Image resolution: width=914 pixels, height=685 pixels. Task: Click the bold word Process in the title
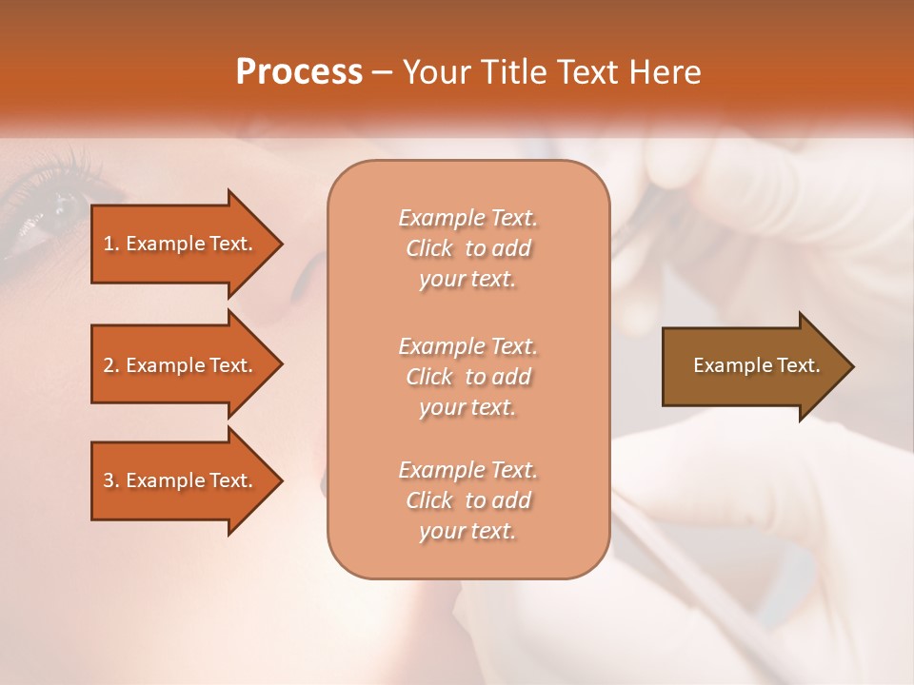(x=299, y=72)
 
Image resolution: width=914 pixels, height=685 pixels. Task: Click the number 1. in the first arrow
(x=111, y=244)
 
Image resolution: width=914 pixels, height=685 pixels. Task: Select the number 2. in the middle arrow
(x=111, y=365)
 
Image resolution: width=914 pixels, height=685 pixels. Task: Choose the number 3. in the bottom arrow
(x=111, y=480)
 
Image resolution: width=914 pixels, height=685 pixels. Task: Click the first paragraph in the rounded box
(x=467, y=248)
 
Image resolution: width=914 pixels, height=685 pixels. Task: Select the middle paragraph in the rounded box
(x=467, y=377)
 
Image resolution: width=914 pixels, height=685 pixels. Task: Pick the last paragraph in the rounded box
(x=467, y=500)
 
